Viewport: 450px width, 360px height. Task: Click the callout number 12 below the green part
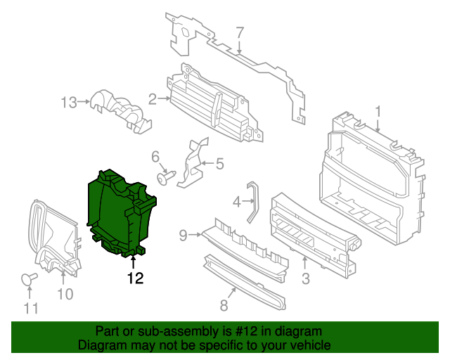click(135, 278)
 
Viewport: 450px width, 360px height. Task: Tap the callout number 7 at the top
click(239, 32)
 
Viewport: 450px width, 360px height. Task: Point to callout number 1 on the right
click(378, 111)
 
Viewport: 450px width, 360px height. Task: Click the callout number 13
click(68, 103)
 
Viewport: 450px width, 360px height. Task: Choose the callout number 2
click(153, 98)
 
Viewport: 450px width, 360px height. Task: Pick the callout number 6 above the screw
click(155, 157)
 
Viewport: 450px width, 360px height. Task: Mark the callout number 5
click(219, 165)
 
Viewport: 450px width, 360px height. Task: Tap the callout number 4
click(237, 202)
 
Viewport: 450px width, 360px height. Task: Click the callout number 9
click(183, 236)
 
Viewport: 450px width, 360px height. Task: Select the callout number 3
click(305, 280)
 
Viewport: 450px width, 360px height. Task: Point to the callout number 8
click(224, 305)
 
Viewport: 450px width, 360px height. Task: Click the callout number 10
click(65, 294)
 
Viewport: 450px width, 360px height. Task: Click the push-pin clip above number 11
click(29, 279)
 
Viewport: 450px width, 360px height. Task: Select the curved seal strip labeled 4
click(252, 200)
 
